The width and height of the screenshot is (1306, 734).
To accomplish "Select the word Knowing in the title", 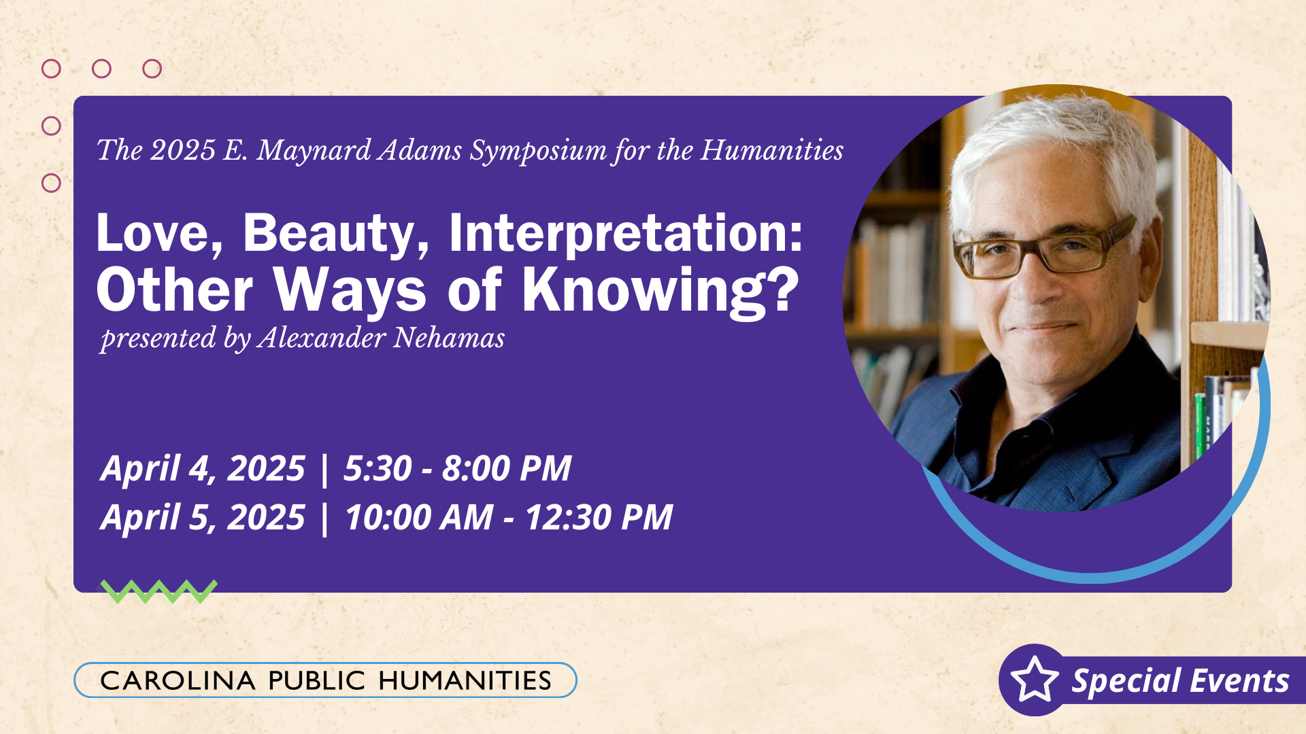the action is pyautogui.click(x=660, y=290).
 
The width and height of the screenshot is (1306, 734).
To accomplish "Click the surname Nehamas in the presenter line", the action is pyautogui.click(x=449, y=338).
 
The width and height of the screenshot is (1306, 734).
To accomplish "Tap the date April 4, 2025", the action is pyautogui.click(x=203, y=468).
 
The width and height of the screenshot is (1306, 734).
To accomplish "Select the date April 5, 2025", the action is pyautogui.click(x=203, y=517).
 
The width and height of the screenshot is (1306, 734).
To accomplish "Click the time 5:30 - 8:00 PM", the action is pyautogui.click(x=457, y=468).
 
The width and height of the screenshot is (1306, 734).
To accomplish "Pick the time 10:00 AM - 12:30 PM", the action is pyautogui.click(x=509, y=517).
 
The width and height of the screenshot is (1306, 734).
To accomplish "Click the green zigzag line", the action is pyautogui.click(x=159, y=591).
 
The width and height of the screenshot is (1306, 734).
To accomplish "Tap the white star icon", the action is pyautogui.click(x=1035, y=680).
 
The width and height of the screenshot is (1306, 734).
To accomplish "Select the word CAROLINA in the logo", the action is pyautogui.click(x=178, y=680).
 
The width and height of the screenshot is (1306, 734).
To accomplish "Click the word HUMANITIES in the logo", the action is pyautogui.click(x=465, y=680).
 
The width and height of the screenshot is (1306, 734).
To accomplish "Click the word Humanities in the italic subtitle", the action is pyautogui.click(x=772, y=150).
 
